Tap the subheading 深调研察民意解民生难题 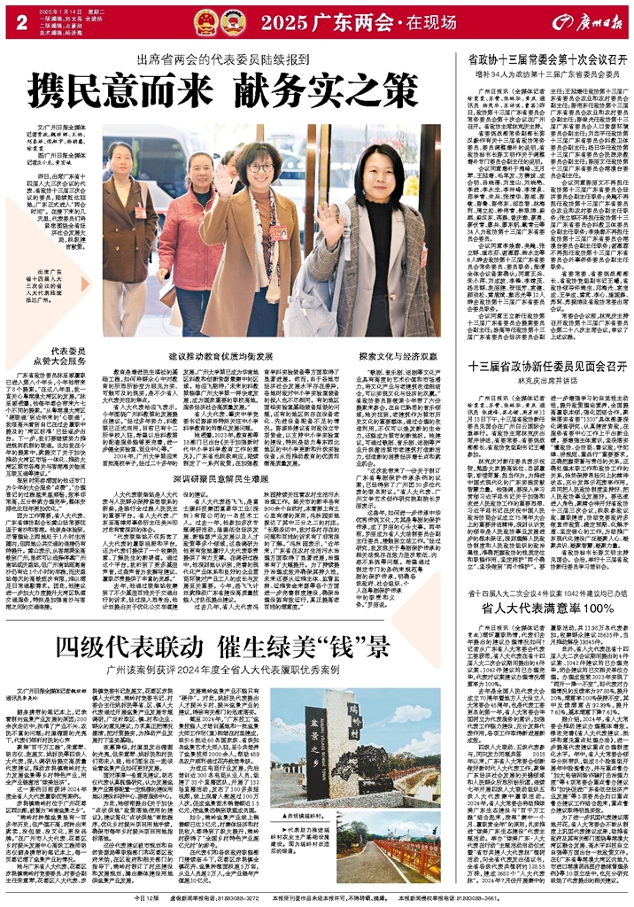(194, 501)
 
